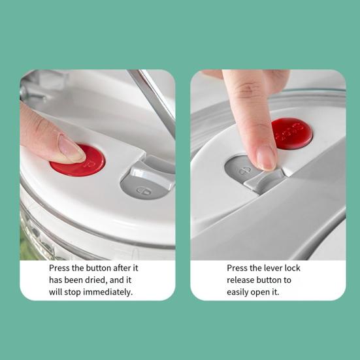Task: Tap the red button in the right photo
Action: point(292,133)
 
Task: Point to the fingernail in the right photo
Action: point(266,157)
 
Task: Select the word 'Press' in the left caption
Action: point(60,268)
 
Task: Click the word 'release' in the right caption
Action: point(242,280)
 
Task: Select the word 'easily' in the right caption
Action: point(240,292)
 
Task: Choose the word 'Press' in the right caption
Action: point(238,268)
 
